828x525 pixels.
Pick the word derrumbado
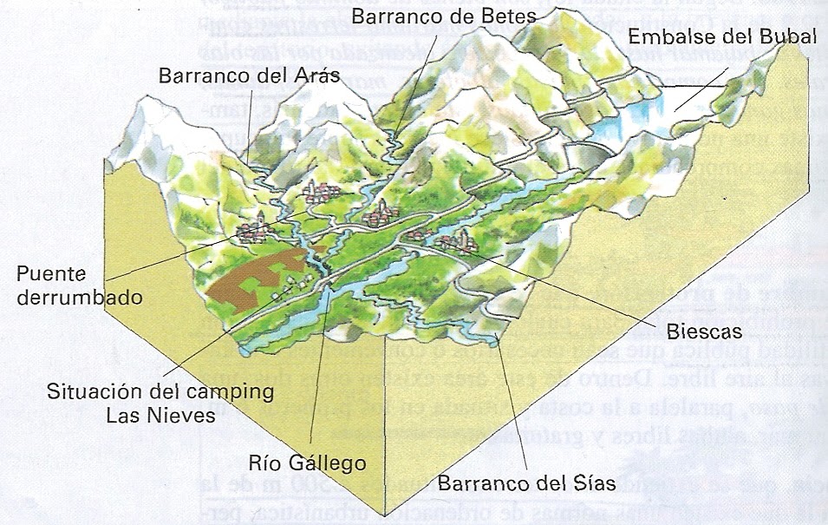click(79, 298)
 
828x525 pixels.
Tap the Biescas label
click(704, 331)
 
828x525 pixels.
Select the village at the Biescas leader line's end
click(451, 244)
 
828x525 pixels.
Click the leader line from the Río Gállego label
click(323, 373)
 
